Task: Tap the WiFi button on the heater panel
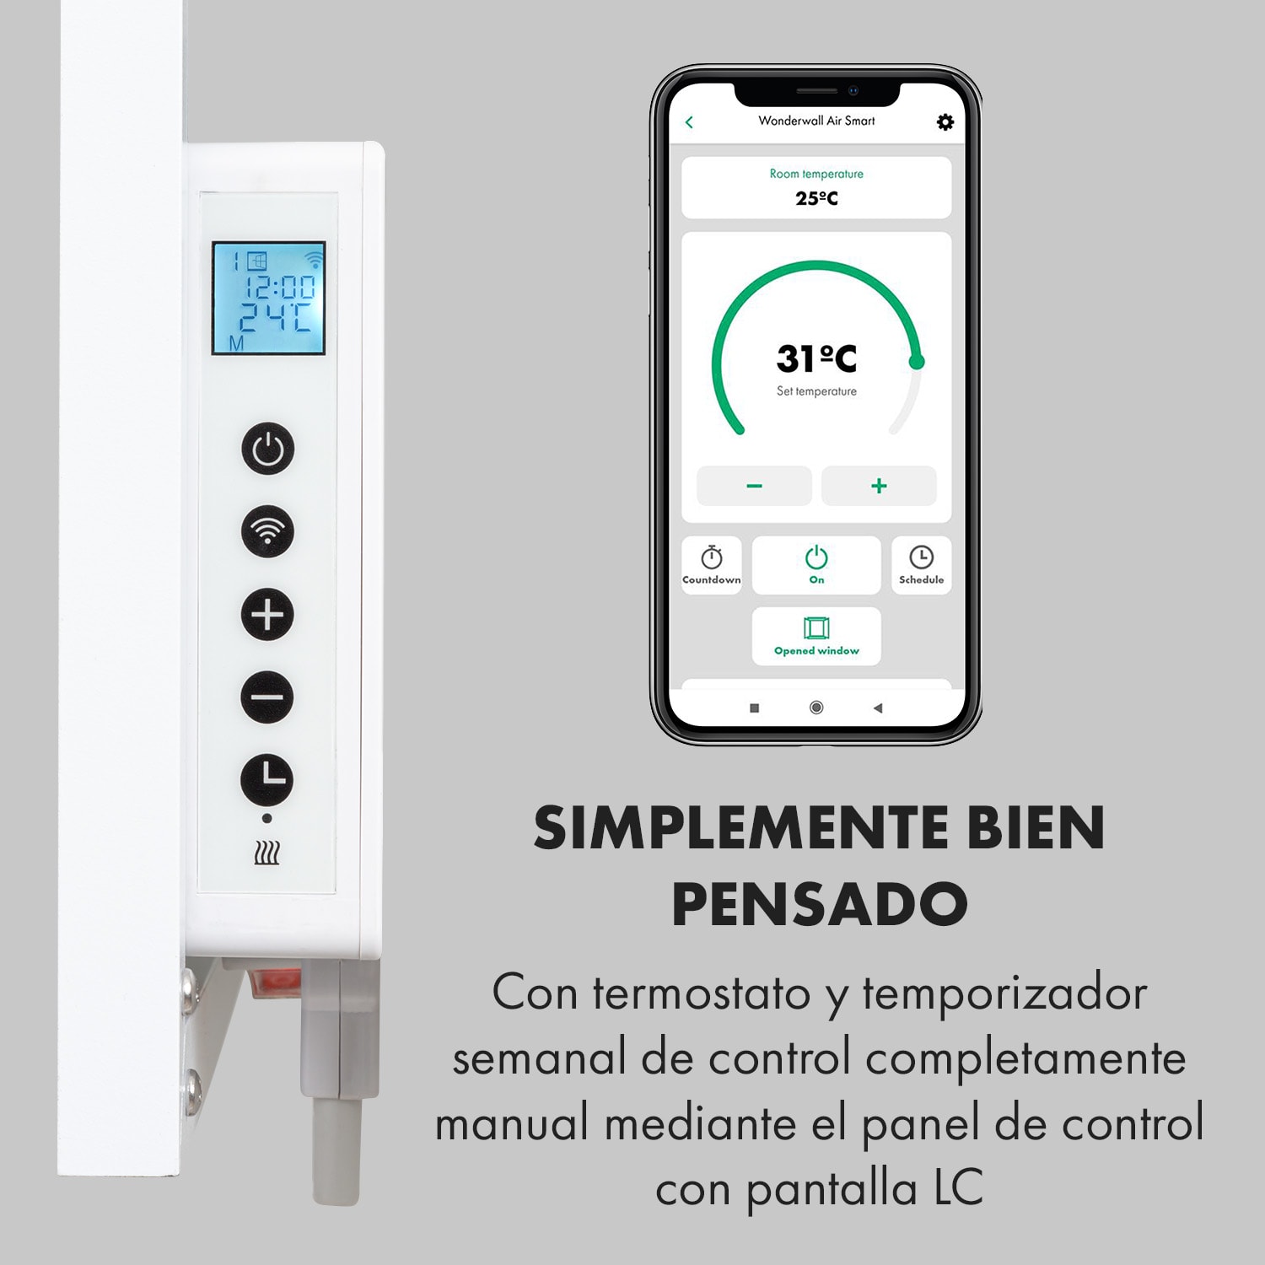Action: [267, 531]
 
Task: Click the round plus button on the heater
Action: [267, 614]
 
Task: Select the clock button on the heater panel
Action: [267, 779]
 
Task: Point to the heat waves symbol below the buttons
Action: [267, 853]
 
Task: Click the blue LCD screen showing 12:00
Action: [268, 298]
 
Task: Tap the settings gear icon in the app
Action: [945, 122]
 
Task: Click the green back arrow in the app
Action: [689, 122]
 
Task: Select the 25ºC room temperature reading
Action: [816, 198]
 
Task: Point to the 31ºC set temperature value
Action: [816, 358]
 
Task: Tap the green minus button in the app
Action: [754, 486]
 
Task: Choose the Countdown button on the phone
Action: [712, 565]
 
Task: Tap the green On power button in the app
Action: [816, 565]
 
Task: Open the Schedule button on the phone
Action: [921, 565]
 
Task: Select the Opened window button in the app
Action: [816, 636]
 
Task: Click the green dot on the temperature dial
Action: [917, 363]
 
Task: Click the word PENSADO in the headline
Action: [819, 904]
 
